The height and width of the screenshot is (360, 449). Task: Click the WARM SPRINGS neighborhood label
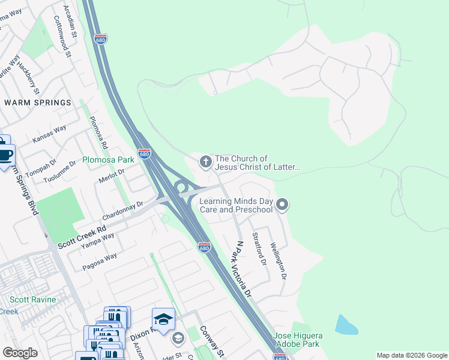point(37,103)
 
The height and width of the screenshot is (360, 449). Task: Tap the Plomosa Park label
point(108,160)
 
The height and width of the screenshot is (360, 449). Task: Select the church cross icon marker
point(205,161)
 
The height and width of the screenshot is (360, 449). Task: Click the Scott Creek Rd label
point(82,237)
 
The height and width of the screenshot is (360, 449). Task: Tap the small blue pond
point(346,325)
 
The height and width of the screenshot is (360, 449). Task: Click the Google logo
point(20,353)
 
